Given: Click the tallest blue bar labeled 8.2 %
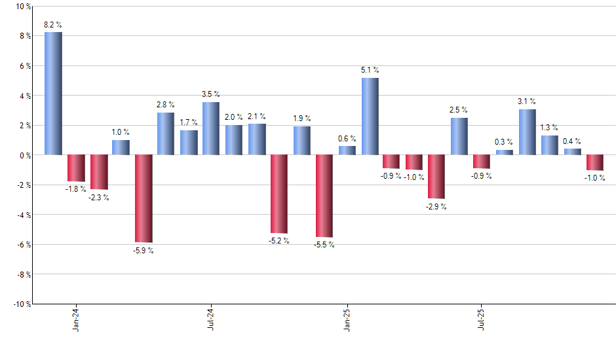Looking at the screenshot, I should click(x=53, y=93).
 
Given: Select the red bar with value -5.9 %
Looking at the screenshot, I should click(x=144, y=198).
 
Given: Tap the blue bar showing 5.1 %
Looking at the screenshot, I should click(x=370, y=117).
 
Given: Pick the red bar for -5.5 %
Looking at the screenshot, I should click(x=324, y=196).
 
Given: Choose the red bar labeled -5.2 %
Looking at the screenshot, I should click(x=279, y=194).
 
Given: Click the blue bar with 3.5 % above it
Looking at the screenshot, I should click(x=211, y=128).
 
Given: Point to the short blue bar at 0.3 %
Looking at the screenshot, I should click(x=505, y=153).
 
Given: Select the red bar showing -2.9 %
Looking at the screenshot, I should click(x=436, y=177).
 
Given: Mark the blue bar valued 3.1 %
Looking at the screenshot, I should click(x=527, y=132).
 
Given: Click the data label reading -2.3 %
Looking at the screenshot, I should click(x=98, y=198).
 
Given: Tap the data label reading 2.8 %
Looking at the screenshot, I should click(x=166, y=104).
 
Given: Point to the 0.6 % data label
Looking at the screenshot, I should click(x=347, y=138).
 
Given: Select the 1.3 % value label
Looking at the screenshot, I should click(x=550, y=128).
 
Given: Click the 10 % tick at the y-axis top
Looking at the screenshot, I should click(x=22, y=7).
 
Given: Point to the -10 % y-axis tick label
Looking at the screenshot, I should click(x=21, y=304).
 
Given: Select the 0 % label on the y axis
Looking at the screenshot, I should click(x=24, y=155).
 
